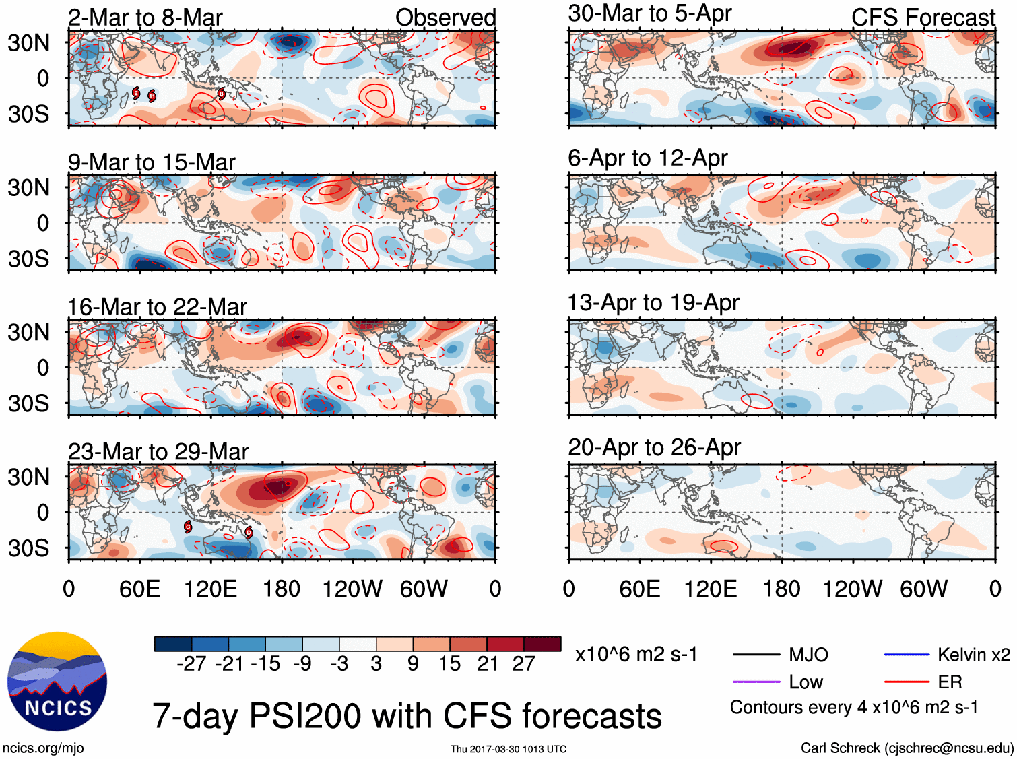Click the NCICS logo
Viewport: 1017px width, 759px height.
(57, 682)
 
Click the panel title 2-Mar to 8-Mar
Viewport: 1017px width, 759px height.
(145, 18)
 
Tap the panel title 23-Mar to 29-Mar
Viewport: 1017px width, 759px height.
(158, 451)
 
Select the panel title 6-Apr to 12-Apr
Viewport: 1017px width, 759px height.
(647, 158)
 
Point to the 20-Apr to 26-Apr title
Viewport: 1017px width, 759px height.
(654, 447)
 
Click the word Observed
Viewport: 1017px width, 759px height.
(445, 18)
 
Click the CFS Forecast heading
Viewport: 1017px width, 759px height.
(923, 18)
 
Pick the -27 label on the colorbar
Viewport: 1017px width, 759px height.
(191, 664)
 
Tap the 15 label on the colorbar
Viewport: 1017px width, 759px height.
(449, 664)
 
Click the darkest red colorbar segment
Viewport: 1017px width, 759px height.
(542, 644)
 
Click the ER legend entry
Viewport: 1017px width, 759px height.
(950, 682)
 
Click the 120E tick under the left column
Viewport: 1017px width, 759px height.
(211, 589)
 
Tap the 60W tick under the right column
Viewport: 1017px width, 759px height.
(923, 589)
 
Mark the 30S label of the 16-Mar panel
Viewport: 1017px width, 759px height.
(28, 403)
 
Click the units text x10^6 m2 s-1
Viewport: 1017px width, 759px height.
(636, 655)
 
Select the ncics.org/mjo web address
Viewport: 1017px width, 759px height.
(43, 748)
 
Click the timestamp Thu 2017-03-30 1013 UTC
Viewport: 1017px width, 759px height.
(509, 749)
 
